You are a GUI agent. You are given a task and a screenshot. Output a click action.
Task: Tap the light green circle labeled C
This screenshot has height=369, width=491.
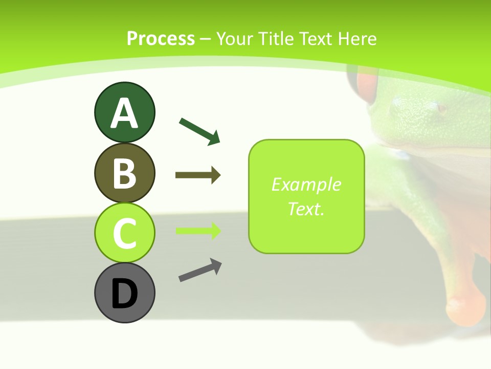click(x=124, y=233)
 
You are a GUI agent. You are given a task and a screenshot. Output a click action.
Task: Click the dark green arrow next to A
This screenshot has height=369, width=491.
click(x=199, y=131)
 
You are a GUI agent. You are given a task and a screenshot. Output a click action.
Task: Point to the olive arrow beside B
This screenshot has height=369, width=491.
click(x=198, y=175)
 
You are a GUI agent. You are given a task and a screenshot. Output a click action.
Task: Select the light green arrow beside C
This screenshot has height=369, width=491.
click(x=198, y=231)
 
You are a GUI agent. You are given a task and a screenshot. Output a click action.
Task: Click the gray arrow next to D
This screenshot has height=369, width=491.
click(x=200, y=270)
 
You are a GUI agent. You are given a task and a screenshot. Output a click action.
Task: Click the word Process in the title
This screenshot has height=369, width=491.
click(x=161, y=38)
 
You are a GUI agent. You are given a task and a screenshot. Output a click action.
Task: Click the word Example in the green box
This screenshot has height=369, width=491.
click(x=306, y=184)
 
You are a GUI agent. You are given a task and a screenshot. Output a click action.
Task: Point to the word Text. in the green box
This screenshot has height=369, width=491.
click(x=306, y=209)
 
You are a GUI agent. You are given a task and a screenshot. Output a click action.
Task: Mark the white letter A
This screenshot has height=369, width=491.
click(x=124, y=113)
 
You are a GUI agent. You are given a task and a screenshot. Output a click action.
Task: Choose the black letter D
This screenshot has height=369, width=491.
click(x=124, y=294)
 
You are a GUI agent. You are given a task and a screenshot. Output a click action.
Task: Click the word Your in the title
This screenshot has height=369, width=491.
click(x=236, y=38)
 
